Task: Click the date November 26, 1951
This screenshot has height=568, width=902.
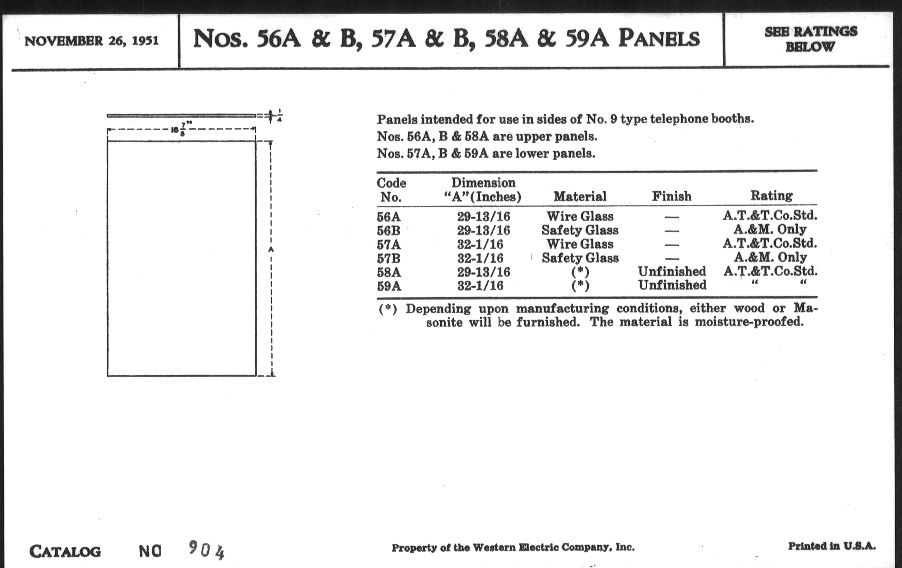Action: coord(91,41)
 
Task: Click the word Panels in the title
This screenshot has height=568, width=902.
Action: coord(659,39)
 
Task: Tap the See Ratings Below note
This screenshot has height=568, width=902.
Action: coord(811,39)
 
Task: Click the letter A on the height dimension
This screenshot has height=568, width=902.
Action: coord(271,250)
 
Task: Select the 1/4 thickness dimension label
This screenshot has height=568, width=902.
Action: coord(279,116)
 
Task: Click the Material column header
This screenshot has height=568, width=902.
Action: coord(580,196)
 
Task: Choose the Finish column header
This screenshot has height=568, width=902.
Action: coord(672,196)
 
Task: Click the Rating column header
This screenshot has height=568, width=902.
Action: coord(771,195)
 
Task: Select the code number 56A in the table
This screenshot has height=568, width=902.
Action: coord(388,217)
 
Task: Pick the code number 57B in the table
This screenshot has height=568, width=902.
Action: coord(388,258)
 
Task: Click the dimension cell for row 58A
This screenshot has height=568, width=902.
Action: coord(483,272)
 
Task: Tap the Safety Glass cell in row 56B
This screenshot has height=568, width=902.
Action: coord(580,230)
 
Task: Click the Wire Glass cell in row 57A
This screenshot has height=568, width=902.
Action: coord(580,244)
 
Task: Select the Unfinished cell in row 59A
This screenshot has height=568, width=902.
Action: coord(672,285)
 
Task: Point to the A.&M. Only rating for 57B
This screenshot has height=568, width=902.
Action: coord(770,257)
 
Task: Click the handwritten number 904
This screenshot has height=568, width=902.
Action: coord(206,551)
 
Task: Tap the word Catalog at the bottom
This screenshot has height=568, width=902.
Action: coord(65,552)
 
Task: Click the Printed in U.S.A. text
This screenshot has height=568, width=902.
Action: coord(832,546)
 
